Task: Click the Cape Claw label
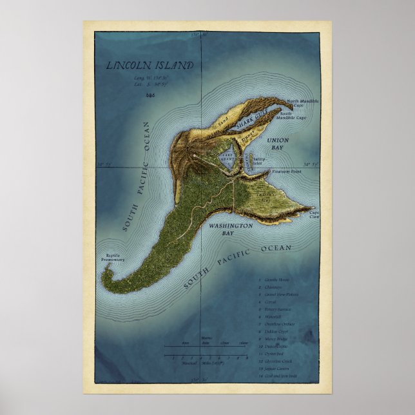tap(314, 215)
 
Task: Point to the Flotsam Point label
tap(287, 172)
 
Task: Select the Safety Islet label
tap(259, 160)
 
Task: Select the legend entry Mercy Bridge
tap(279, 338)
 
